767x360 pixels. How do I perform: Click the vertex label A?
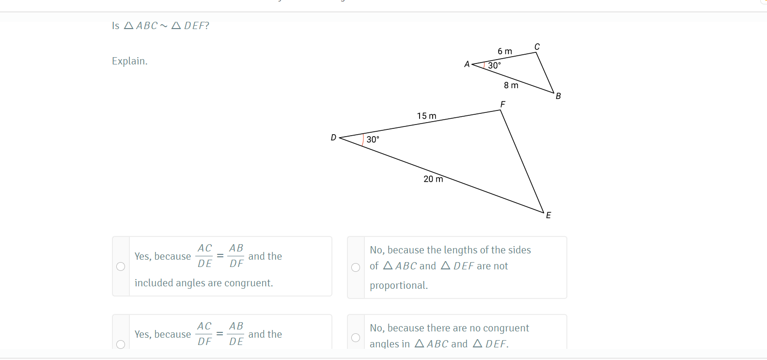click(467, 64)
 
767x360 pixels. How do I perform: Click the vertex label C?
click(537, 47)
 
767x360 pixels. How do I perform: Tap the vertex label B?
click(558, 96)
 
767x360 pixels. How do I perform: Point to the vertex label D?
click(333, 137)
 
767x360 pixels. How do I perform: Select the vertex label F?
click(502, 104)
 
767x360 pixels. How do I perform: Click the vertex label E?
click(548, 215)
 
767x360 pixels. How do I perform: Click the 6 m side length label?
click(505, 51)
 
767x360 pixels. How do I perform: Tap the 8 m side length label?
click(511, 85)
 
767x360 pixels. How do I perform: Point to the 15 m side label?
click(427, 116)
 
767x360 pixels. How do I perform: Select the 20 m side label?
click(433, 179)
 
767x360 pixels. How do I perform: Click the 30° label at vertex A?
click(494, 65)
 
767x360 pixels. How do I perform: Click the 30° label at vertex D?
click(373, 140)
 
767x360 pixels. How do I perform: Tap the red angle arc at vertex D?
click(363, 140)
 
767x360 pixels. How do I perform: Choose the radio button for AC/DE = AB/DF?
click(121, 266)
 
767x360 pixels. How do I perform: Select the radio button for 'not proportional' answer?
click(356, 267)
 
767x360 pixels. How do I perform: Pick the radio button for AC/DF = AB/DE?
click(121, 344)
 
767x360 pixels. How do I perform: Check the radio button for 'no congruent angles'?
click(356, 338)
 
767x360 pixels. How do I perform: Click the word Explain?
click(129, 61)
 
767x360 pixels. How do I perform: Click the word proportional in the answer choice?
click(399, 285)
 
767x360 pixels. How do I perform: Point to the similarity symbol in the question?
click(164, 26)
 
